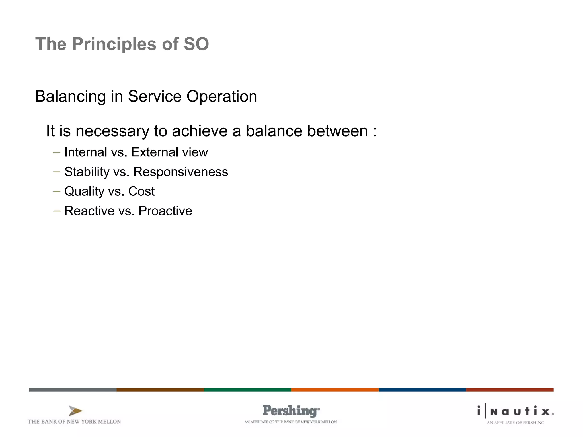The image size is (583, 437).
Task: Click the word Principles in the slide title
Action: point(114,44)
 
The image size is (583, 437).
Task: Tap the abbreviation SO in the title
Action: point(196,44)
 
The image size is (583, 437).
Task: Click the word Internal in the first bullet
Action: point(86,152)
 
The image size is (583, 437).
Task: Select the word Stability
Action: point(87,172)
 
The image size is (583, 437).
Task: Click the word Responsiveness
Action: point(180,172)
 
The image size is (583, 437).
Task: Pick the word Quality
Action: point(84,191)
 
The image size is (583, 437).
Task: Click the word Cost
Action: point(141,191)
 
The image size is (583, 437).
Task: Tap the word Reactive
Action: point(89,211)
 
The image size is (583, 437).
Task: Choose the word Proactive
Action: point(165,211)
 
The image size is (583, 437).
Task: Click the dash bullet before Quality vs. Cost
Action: point(57,191)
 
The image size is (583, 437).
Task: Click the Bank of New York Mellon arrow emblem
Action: point(75,411)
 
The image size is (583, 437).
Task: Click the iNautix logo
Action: point(515,411)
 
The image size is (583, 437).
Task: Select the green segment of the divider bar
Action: point(247,390)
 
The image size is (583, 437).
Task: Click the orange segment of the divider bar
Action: point(335,390)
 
